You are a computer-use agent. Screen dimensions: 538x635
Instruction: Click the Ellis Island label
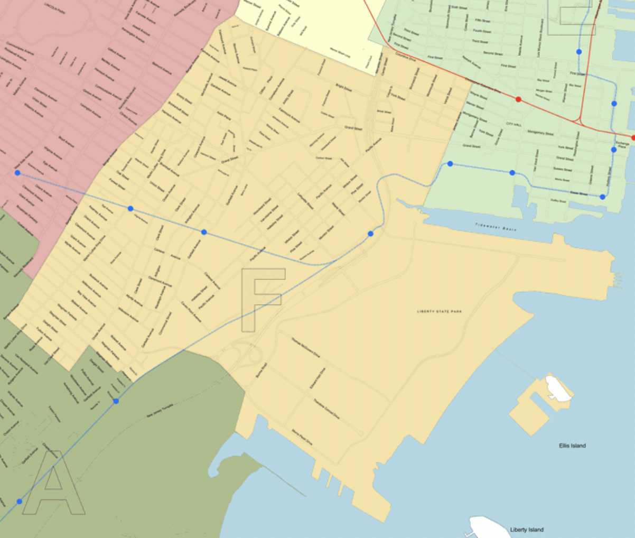click(572, 446)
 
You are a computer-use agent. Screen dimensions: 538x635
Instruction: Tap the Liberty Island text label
click(526, 530)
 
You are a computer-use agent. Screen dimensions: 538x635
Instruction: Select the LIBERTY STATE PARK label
click(439, 312)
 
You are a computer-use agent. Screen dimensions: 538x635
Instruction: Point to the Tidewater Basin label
click(495, 227)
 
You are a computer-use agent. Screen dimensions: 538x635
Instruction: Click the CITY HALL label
click(513, 124)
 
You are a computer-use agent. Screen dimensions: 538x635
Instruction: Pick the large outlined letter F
click(263, 299)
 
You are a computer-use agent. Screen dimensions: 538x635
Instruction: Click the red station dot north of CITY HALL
click(518, 99)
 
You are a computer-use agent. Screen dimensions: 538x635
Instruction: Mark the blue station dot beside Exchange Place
click(614, 150)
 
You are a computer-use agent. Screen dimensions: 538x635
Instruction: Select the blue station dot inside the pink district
click(17, 173)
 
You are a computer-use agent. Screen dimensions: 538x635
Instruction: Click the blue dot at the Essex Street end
click(602, 197)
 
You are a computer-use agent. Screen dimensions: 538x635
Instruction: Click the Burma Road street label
click(261, 369)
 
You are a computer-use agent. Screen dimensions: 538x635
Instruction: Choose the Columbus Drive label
click(405, 58)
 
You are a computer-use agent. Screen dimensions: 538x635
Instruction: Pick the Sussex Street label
click(562, 170)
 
